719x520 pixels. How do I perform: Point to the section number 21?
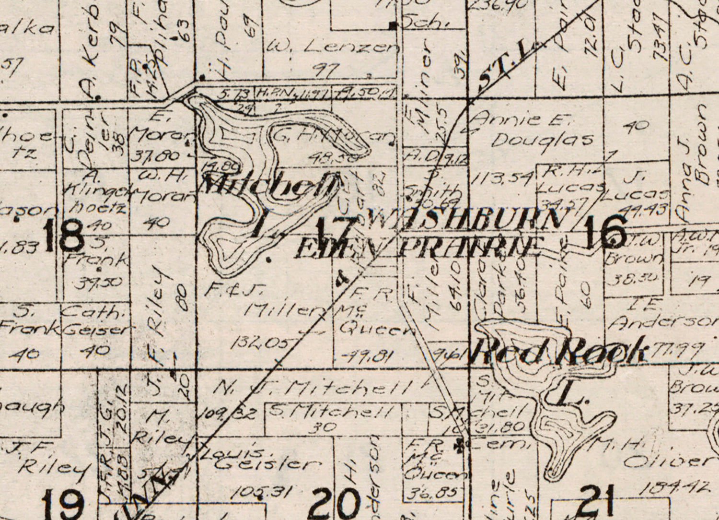coord(597,501)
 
